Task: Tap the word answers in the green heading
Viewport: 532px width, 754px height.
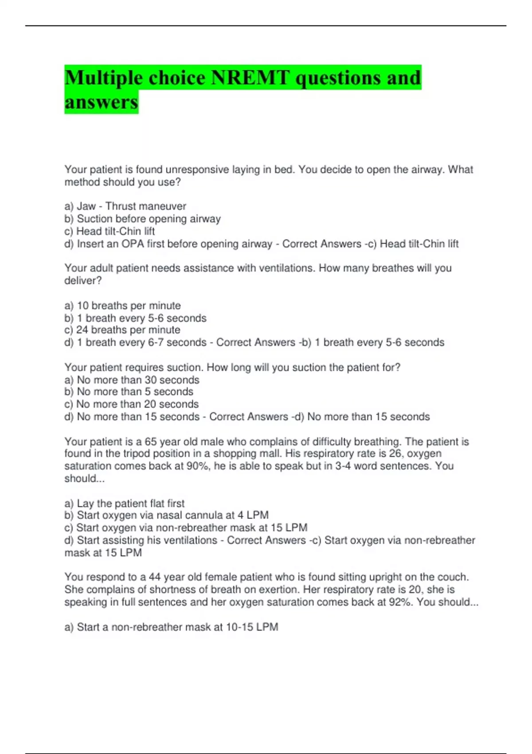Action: click(101, 102)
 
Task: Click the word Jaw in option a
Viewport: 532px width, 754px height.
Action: click(86, 206)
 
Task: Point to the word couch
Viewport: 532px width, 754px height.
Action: click(453, 577)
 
